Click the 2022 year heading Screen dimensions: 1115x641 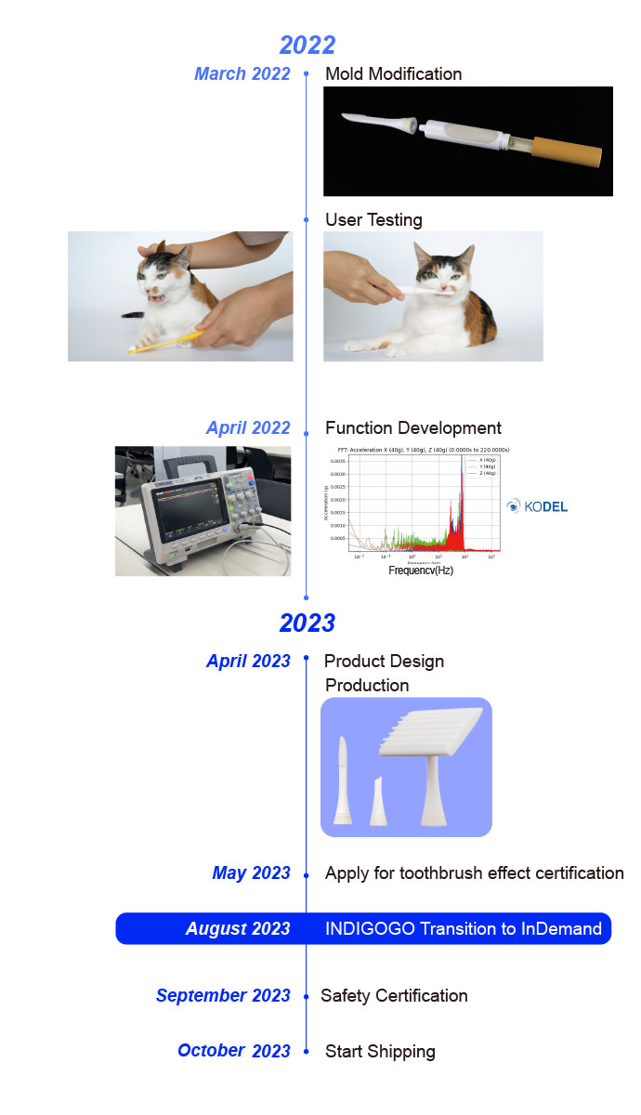[307, 45]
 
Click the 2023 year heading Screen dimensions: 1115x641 [307, 623]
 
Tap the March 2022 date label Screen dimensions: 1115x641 [242, 74]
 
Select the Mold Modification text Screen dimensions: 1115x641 [393, 74]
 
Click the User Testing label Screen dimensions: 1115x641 [373, 220]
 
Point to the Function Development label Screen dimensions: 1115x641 [413, 428]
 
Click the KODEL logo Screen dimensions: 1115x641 [537, 506]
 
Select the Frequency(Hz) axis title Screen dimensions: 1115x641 [421, 570]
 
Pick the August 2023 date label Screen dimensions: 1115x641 [238, 929]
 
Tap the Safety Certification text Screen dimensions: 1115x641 [394, 996]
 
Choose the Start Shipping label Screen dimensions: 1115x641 [380, 1052]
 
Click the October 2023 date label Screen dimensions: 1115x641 [234, 1051]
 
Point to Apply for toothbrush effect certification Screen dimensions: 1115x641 [474, 873]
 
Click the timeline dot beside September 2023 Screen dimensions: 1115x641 [307, 996]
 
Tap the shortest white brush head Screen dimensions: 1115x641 [378, 800]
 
